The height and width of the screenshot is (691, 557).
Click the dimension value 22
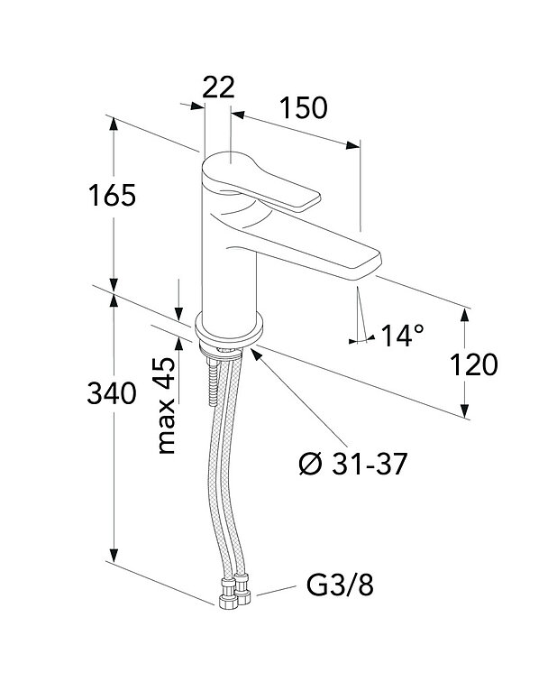coord(217,88)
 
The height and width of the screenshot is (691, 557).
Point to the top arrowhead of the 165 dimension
coord(114,124)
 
